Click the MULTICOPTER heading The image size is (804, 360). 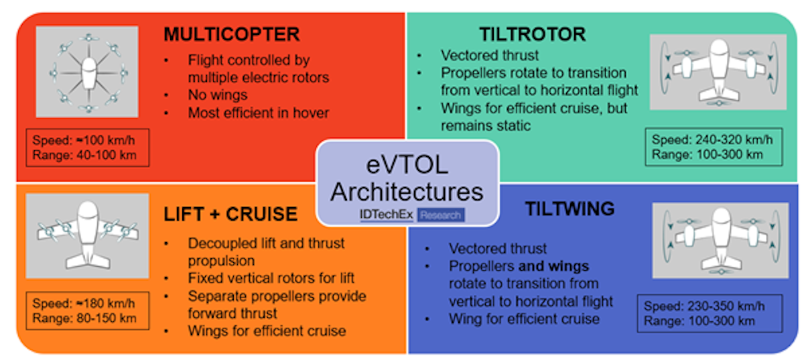point(232,34)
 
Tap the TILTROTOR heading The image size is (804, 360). point(533,34)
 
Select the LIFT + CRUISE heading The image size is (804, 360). point(230,214)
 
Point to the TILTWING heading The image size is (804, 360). point(570,208)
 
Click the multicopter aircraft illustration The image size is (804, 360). point(87,72)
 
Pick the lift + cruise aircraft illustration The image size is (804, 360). point(87,236)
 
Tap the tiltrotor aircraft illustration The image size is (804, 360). point(718,72)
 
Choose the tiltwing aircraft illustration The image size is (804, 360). point(720,241)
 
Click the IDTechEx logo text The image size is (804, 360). point(386,215)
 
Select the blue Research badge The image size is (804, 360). point(441,215)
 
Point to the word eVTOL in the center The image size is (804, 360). point(407,166)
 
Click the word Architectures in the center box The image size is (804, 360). point(407,192)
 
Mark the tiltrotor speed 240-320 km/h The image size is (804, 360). point(734,139)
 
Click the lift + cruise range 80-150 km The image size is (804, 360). point(107,318)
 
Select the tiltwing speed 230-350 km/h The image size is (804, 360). point(726,306)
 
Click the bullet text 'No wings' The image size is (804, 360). point(218,95)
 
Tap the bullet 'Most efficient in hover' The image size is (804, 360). point(259,113)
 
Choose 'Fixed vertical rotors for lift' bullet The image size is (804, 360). point(271,278)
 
